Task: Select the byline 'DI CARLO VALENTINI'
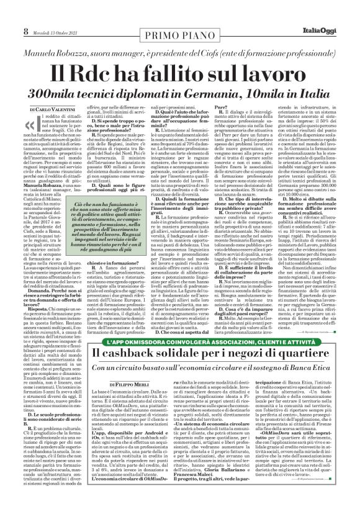[x=54, y=109]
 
